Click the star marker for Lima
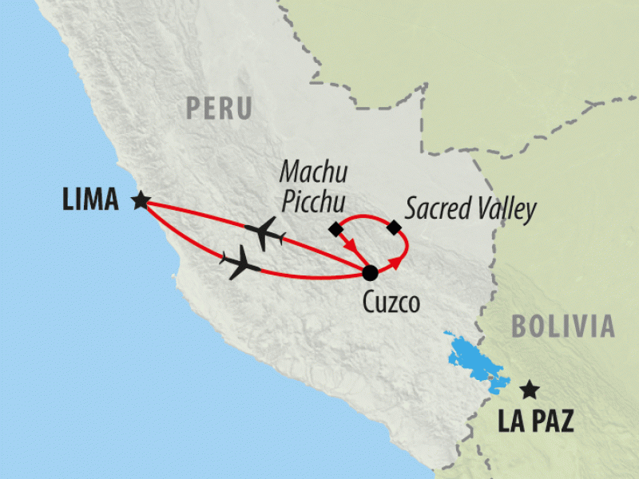(141, 200)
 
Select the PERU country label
(218, 108)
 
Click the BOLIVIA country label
(563, 326)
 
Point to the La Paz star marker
(528, 390)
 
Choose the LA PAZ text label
(535, 422)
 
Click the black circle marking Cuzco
(370, 273)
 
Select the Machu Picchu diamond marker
(336, 230)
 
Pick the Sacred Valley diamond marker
(394, 228)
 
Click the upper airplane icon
(265, 232)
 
